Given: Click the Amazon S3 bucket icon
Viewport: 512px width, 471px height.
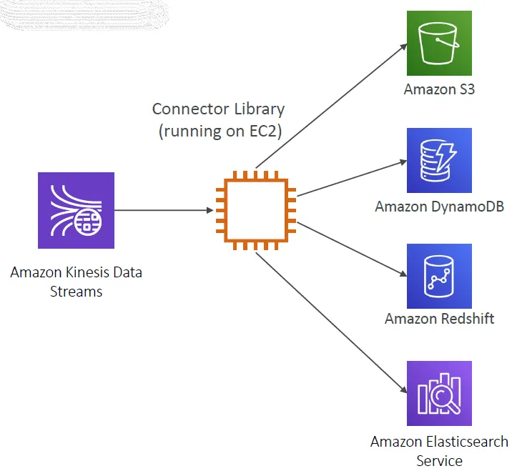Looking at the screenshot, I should coord(439,43).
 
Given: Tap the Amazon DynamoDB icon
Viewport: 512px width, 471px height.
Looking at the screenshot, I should coord(439,160).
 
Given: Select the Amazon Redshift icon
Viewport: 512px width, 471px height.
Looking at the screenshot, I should coord(439,276).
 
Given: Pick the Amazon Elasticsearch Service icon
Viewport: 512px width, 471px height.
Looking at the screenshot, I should coord(439,393).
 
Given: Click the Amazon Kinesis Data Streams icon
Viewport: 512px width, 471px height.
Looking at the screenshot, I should coord(76,210).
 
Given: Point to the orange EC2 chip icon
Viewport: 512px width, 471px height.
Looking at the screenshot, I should coord(255,210).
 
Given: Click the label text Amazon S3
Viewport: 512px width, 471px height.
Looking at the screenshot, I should coord(439,89).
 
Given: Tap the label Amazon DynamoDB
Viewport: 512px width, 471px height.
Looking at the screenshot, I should coord(439,207).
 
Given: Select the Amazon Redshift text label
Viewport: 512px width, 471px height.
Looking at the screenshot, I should coord(439,318).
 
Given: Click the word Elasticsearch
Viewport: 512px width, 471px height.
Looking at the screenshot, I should coord(464,442).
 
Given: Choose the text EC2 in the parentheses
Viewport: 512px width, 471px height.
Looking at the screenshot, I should coord(266,131).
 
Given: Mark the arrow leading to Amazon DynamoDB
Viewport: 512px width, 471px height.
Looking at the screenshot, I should coord(350,178).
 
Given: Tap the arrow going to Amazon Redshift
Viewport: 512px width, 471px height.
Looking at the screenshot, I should coord(350,248).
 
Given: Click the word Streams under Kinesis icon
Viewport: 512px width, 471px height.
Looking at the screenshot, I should coord(76,291).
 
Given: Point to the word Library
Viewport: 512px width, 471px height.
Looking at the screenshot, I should coord(260,109).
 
